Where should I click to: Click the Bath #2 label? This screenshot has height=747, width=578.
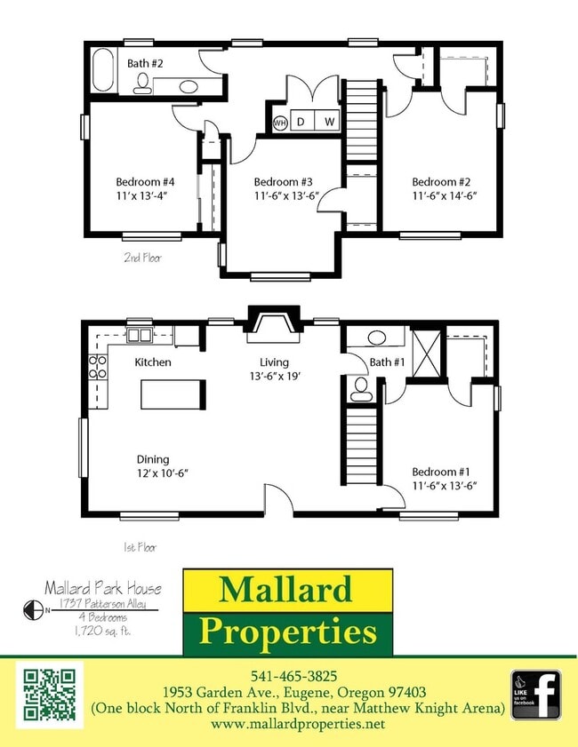pyautogui.click(x=144, y=63)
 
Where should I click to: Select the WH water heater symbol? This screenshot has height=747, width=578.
pyautogui.click(x=280, y=122)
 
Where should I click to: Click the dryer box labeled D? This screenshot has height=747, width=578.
pyautogui.click(x=301, y=122)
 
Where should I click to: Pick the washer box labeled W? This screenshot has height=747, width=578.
pyautogui.click(x=328, y=122)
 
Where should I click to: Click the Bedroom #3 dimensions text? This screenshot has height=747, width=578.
pyautogui.click(x=284, y=197)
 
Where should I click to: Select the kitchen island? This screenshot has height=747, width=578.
pyautogui.click(x=173, y=393)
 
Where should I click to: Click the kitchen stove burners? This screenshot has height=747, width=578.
pyautogui.click(x=98, y=368)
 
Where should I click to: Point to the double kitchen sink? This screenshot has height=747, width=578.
pyautogui.click(x=140, y=335)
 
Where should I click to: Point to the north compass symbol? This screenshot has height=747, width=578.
pyautogui.click(x=35, y=609)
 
